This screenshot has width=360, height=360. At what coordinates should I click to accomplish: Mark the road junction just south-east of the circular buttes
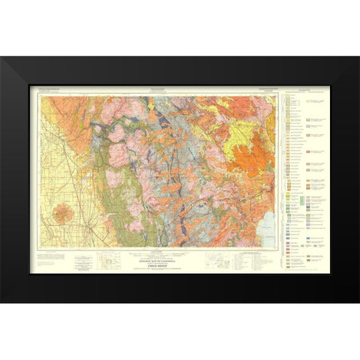pyautogui.click(x=88, y=224)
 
